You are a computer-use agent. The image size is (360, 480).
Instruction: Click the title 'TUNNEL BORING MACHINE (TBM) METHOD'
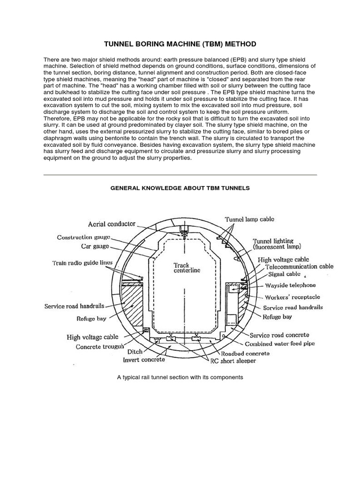click(x=180, y=44)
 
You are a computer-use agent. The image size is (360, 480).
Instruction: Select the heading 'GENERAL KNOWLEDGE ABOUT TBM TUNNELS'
click(x=180, y=188)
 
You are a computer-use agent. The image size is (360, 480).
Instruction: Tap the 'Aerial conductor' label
click(x=111, y=225)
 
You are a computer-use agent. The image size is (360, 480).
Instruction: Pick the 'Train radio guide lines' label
click(x=82, y=263)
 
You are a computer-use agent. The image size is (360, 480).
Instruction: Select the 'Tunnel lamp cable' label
click(x=249, y=219)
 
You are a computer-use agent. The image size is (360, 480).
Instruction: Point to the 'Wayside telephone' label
click(x=291, y=285)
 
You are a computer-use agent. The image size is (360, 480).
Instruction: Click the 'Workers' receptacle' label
click(x=292, y=297)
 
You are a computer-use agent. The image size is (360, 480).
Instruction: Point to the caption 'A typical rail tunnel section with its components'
click(x=180, y=377)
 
